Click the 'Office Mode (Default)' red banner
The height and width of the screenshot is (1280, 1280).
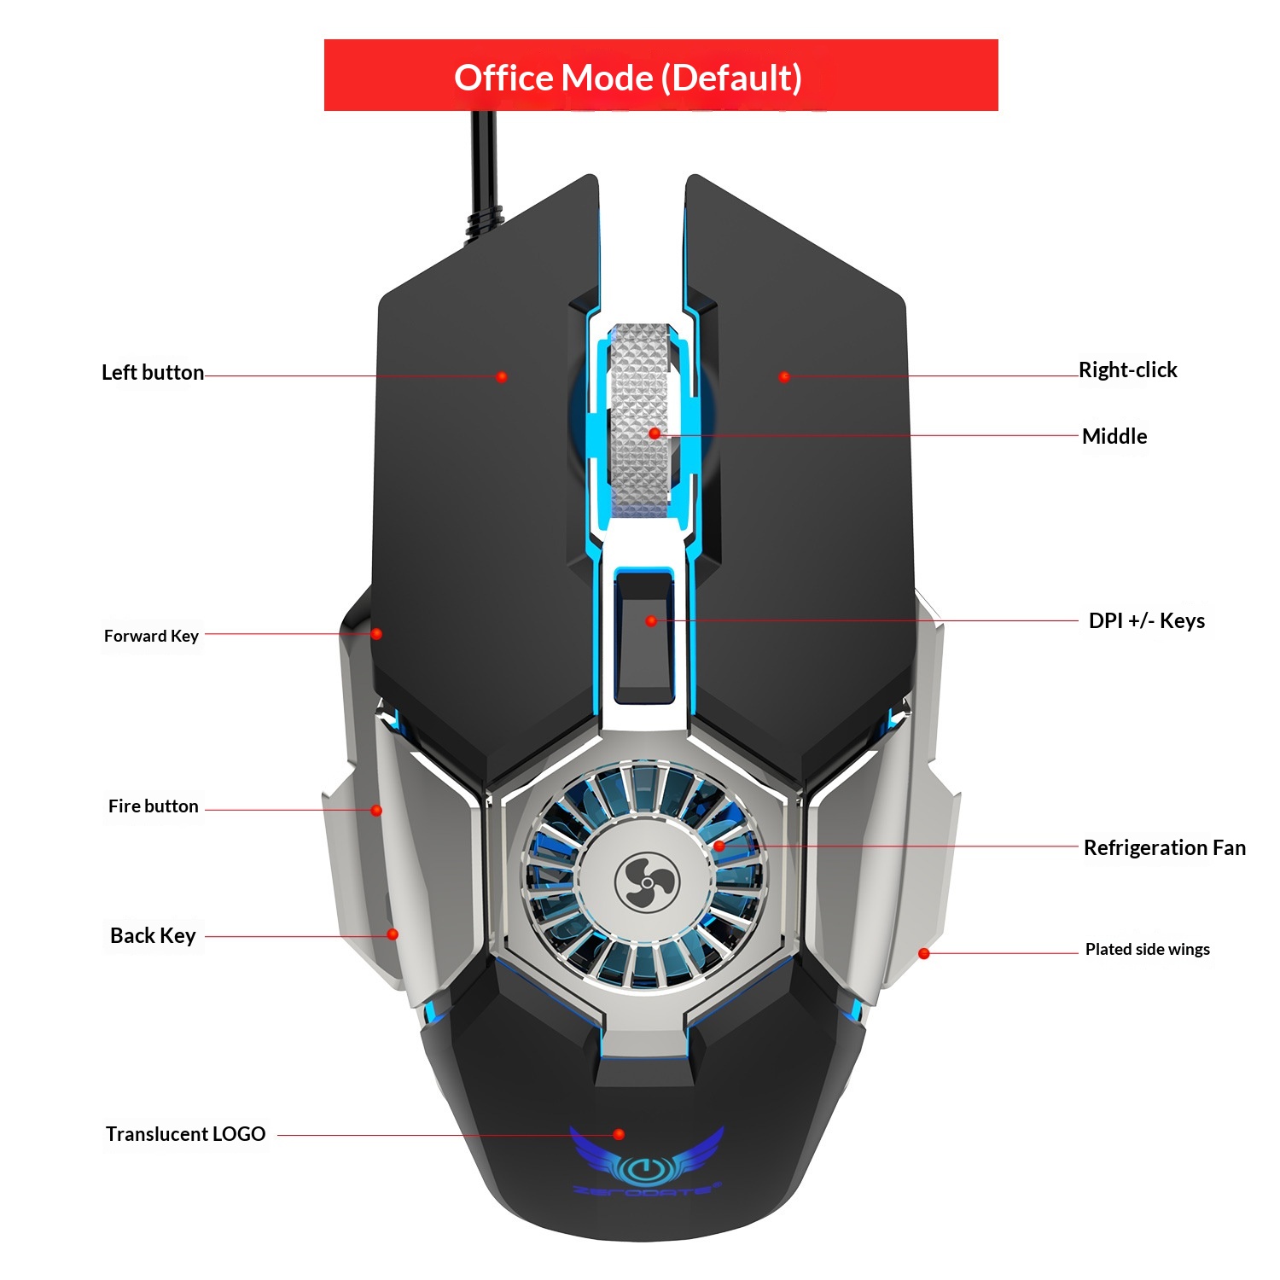(660, 76)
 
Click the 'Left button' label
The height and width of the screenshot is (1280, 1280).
(153, 373)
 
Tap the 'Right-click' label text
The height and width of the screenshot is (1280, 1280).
(1127, 370)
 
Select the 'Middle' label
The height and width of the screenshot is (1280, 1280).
(1114, 437)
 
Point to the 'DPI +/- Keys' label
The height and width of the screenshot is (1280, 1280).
(1146, 621)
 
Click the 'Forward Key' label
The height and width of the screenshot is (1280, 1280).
(151, 636)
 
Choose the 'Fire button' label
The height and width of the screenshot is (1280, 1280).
(154, 806)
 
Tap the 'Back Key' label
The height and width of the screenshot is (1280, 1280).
(154, 936)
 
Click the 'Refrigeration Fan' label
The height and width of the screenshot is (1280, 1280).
(1164, 848)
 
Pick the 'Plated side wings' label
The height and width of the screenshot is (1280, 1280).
(1147, 950)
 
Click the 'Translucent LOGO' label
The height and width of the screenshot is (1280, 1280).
(185, 1134)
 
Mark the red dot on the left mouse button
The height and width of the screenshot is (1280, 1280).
(502, 376)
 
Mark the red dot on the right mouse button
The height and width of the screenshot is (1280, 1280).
(784, 376)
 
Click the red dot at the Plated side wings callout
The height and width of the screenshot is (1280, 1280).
(924, 953)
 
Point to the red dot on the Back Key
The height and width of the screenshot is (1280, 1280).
(393, 934)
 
